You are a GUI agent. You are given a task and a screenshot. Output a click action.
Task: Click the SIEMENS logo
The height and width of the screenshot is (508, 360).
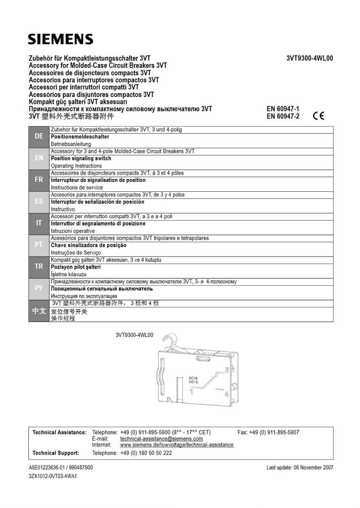coord(60,39)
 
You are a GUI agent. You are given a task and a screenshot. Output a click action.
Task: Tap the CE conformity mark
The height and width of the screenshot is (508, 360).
coord(319,116)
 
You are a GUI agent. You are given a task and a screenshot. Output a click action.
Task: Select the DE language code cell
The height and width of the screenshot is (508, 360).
coord(39,136)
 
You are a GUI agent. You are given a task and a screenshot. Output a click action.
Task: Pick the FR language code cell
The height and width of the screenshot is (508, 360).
coord(39,180)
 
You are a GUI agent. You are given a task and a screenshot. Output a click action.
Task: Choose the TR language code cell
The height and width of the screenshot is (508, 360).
coord(39,267)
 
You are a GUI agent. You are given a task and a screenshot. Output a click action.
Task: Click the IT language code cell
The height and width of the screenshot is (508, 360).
coord(39,223)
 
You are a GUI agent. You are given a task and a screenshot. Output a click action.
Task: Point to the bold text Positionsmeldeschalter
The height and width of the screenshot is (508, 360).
coord(80,137)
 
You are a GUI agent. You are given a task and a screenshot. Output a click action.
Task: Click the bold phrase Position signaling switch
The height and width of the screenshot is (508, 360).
coord(81,158)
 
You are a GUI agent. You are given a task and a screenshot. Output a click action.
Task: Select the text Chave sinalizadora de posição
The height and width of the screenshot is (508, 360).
coord(89,245)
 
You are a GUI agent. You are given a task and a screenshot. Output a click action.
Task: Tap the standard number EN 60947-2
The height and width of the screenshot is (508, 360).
coord(283,116)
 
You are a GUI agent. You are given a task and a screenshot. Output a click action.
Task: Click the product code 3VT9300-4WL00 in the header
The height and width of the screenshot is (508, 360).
coord(310,58)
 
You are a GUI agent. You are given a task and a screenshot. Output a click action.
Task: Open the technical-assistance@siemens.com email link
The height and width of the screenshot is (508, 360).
coord(161,439)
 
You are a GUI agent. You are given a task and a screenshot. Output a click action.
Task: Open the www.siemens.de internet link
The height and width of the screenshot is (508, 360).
coord(177,445)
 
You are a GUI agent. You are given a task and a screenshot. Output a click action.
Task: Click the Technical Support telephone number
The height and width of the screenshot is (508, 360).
coord(146,453)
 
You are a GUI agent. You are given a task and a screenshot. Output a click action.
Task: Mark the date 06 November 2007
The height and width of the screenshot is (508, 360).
coord(313,467)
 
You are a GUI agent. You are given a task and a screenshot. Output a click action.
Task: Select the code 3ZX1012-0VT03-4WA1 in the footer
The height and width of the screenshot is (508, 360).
coord(53,476)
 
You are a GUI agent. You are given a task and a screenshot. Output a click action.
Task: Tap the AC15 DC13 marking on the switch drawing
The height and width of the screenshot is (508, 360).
coord(193,380)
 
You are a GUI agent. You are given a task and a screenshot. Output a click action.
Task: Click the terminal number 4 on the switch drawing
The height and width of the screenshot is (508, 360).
coord(227,394)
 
